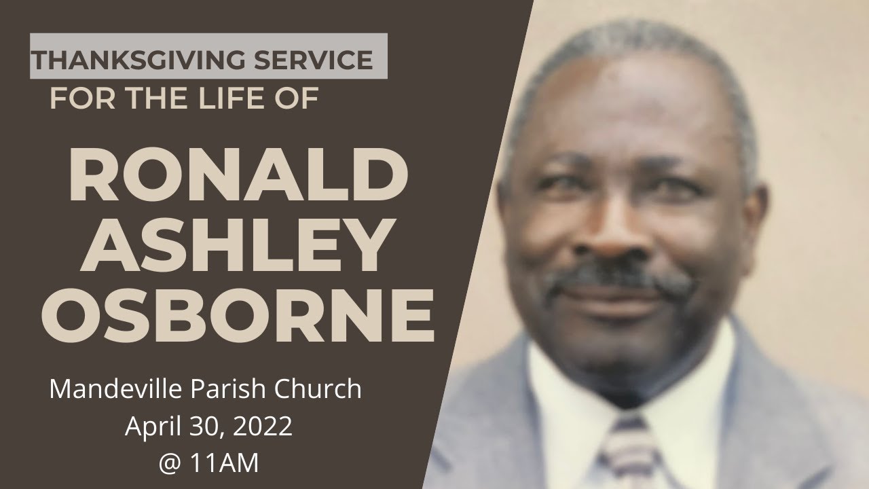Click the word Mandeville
[x=109, y=389]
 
